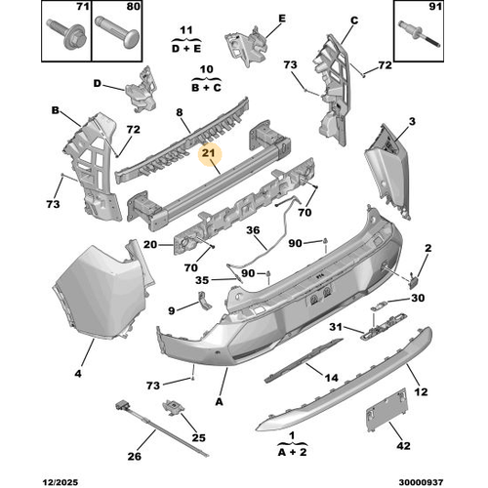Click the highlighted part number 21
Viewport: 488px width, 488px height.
209,152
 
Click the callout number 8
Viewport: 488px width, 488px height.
180,112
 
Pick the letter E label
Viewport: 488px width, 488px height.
282,19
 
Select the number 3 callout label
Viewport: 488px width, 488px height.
412,120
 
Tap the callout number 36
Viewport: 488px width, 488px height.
251,231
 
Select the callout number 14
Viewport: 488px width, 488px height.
331,377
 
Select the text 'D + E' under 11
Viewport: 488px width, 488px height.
186,46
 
